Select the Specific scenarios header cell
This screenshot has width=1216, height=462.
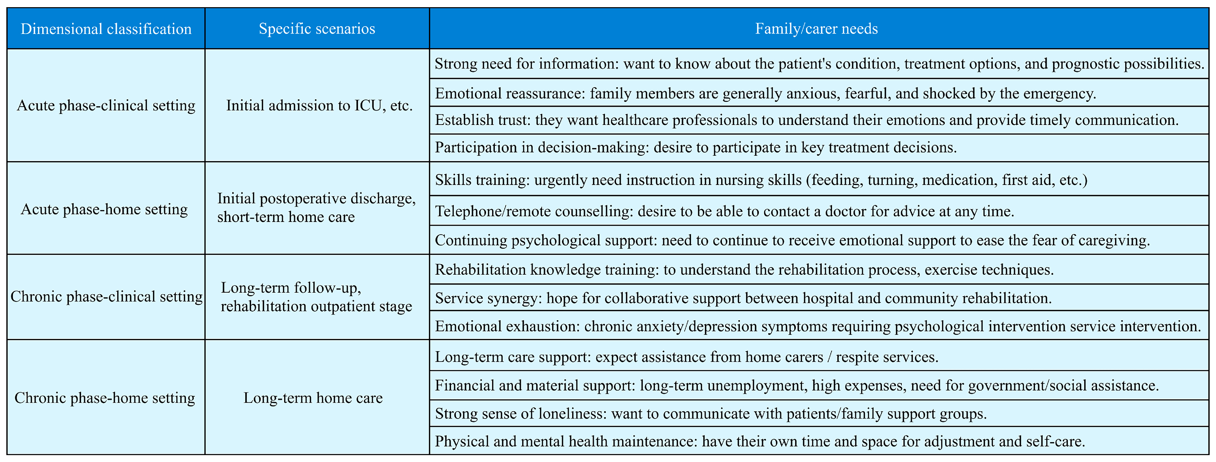click(317, 29)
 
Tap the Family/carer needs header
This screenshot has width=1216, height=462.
click(816, 29)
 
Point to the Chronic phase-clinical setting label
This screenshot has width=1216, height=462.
click(106, 296)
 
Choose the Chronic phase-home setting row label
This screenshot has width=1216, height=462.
click(105, 398)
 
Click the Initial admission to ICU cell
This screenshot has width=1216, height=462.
click(319, 105)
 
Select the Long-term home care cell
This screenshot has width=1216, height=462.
click(313, 398)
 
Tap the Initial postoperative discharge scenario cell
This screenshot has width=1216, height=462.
click(316, 208)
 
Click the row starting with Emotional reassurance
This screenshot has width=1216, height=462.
click(765, 94)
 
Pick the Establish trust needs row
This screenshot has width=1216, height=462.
click(806, 120)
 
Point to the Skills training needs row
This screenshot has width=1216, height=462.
click(761, 180)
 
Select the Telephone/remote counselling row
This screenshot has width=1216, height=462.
click(724, 211)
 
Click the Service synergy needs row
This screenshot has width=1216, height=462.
click(743, 298)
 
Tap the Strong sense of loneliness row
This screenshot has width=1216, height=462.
click(710, 414)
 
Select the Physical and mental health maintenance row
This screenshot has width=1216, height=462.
click(759, 441)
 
